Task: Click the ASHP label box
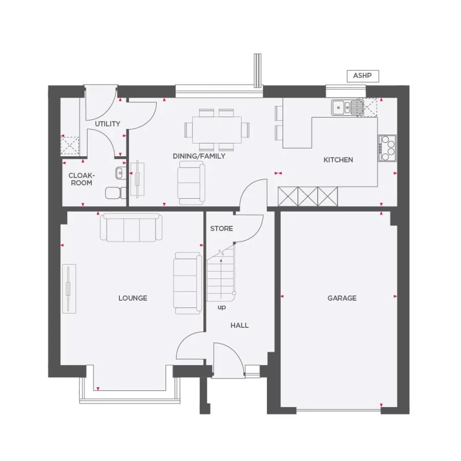(x=363, y=76)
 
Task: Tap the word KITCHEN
(x=338, y=160)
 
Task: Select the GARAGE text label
(x=342, y=298)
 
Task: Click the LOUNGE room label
(x=133, y=298)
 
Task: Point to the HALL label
(x=239, y=325)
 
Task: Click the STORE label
(x=221, y=228)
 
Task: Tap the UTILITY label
(x=108, y=124)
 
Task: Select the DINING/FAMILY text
(x=199, y=156)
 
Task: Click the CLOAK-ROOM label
(x=80, y=179)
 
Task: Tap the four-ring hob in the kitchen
(x=387, y=148)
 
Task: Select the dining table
(x=217, y=130)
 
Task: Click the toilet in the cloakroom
(x=116, y=193)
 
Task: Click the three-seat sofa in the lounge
(x=132, y=227)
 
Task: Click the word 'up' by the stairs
(x=222, y=307)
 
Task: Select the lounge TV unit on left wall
(x=69, y=288)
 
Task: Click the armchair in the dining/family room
(x=191, y=182)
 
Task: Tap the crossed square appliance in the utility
(x=70, y=145)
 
